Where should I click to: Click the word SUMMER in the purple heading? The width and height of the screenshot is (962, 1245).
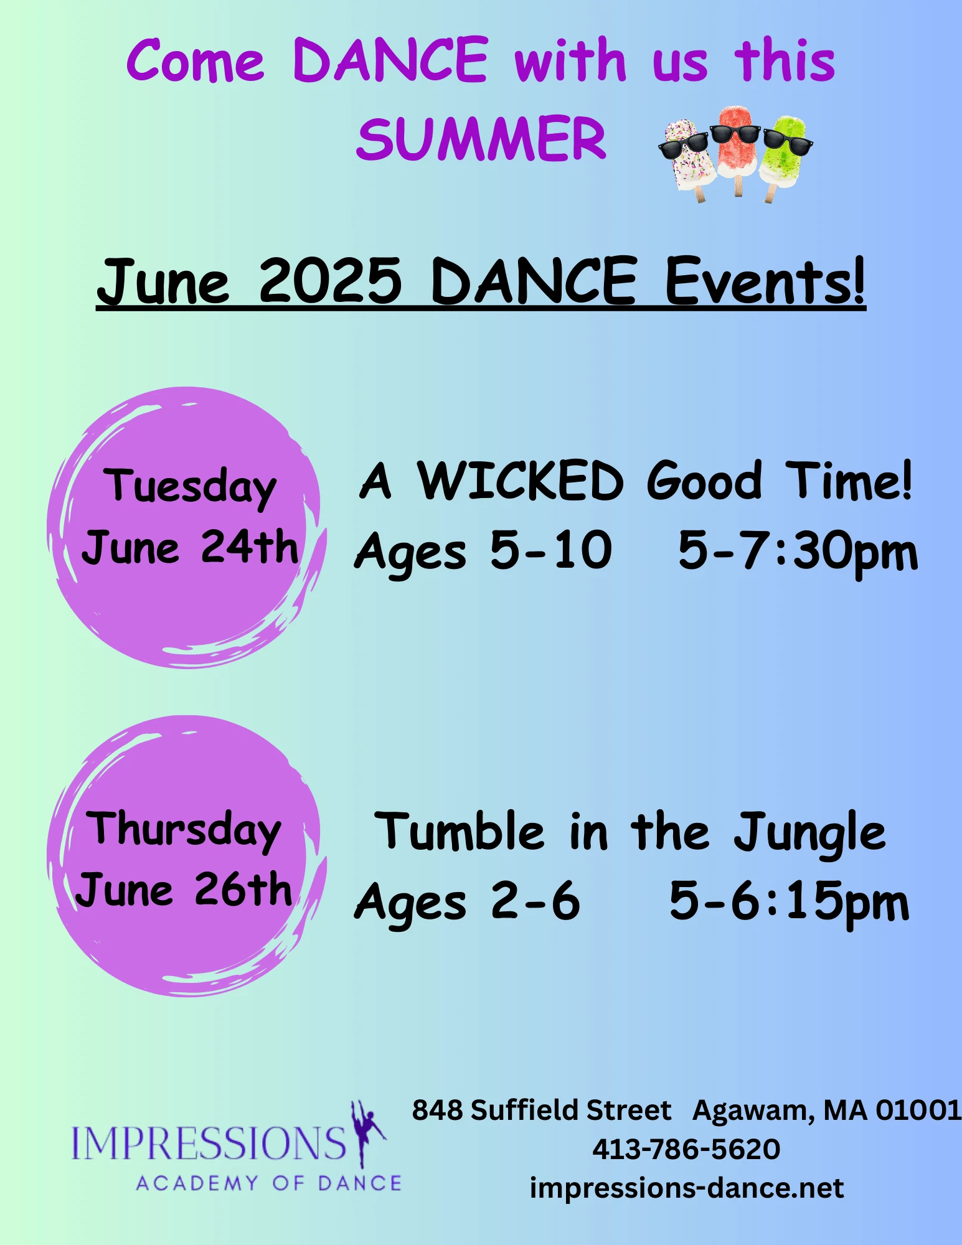point(481,138)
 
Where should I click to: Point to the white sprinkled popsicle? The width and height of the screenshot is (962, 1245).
point(688,159)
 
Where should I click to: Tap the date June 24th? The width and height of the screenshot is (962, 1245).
point(190,548)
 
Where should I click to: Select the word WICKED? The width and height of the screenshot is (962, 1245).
point(520,481)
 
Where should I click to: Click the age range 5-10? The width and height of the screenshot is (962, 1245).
point(551,550)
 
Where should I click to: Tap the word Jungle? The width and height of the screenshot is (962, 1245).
point(809,833)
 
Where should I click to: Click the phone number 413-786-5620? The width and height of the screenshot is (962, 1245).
point(686,1149)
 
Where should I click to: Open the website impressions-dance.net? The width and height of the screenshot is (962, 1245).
point(687,1188)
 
